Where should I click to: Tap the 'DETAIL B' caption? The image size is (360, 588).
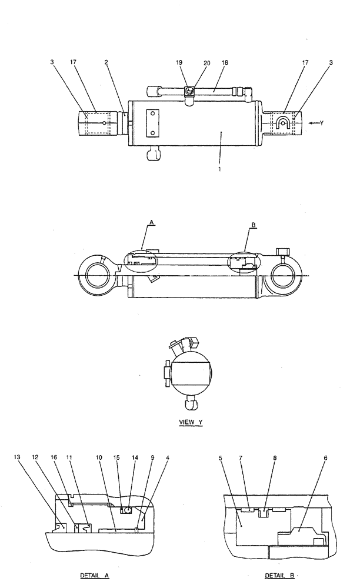[x=280, y=576]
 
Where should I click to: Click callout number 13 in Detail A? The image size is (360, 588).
[x=17, y=457]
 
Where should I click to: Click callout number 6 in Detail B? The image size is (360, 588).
[x=325, y=457]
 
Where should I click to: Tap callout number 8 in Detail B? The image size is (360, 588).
[x=275, y=457]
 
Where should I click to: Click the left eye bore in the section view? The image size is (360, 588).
[x=97, y=276]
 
